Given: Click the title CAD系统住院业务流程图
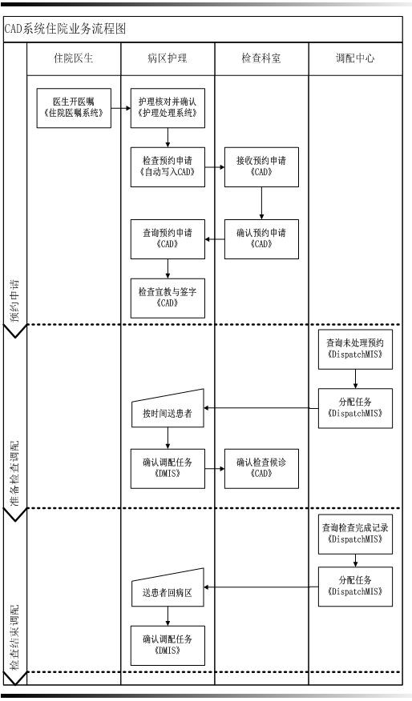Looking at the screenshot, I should tap(66, 29).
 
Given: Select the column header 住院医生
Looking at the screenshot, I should tap(74, 58).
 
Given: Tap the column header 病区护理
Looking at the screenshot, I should tap(168, 58).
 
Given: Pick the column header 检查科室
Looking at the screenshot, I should tap(261, 58).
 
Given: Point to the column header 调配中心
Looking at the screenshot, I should tap(355, 58).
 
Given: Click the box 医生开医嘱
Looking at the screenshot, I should tap(74, 108).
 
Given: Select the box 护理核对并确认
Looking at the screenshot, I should tap(168, 108).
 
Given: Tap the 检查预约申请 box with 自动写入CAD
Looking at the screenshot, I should tap(168, 166).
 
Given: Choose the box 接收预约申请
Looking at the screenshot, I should tap(261, 166).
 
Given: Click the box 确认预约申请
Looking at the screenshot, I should tap(261, 238).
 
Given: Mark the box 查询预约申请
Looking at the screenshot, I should tap(168, 238).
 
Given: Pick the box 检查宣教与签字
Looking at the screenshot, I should tap(168, 298).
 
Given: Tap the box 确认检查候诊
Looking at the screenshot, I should tap(261, 468).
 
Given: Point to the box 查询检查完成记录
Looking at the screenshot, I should tap(356, 534).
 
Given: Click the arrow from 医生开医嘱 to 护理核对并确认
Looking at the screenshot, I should tap(121, 108).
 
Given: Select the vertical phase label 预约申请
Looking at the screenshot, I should tap(15, 301).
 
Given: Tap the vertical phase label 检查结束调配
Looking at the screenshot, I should tap(15, 636).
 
